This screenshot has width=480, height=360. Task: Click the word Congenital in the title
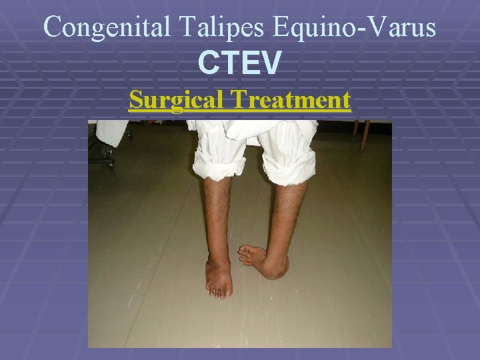point(109,27)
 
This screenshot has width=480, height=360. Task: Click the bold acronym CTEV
point(240,63)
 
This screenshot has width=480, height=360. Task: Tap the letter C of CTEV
point(208,63)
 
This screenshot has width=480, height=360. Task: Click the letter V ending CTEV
point(271,63)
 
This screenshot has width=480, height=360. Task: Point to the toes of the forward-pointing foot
point(219,290)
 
